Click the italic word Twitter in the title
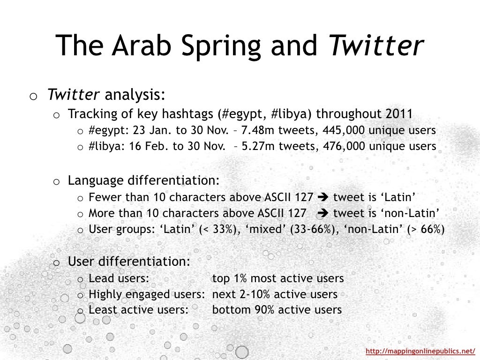coord(376,45)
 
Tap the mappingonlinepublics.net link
coord(420,351)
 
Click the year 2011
coord(398,114)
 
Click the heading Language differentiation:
coord(143,180)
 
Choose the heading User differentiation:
coord(129,262)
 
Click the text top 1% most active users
coord(278,278)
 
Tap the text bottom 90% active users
coord(277,310)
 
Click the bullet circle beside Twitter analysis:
coord(33,97)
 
